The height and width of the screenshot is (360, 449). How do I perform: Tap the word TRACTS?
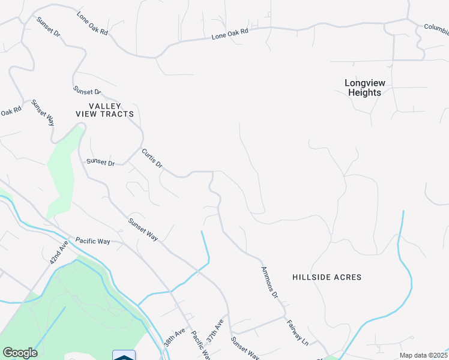[x=118, y=113]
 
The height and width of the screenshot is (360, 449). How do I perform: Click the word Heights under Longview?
[x=364, y=93]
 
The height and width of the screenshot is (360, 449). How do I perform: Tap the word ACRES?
[x=349, y=277]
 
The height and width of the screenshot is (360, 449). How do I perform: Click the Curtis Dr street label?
[x=152, y=158]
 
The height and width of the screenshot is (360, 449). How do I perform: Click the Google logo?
[x=20, y=353]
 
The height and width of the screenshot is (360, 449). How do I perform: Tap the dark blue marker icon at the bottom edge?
[x=124, y=356]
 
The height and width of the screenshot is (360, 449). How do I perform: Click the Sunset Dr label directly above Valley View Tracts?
[x=87, y=91]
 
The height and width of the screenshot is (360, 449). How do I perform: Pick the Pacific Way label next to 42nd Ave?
[x=92, y=241]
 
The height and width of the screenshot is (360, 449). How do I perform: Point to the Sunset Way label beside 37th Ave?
[x=245, y=347]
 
